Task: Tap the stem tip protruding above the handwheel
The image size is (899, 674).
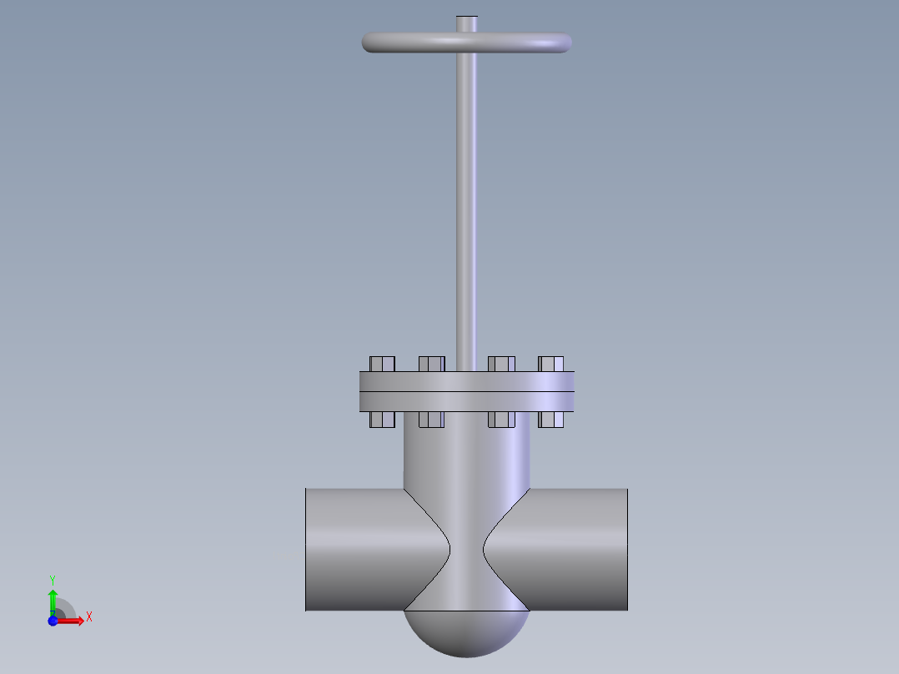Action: tap(467, 23)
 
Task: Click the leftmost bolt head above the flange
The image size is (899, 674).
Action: tap(382, 364)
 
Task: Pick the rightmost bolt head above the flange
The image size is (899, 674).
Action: tap(551, 364)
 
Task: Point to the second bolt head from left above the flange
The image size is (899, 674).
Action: tap(432, 364)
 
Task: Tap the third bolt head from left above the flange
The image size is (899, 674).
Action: tap(501, 364)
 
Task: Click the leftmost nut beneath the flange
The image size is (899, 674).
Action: tap(382, 419)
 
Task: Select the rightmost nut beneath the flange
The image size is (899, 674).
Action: tap(551, 419)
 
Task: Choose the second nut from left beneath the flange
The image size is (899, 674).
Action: tap(432, 419)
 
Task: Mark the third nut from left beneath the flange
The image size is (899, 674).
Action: tap(501, 419)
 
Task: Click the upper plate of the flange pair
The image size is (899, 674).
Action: tap(467, 381)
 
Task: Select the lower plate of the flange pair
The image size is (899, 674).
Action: tap(467, 401)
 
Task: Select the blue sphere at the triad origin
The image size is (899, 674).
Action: tap(53, 621)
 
